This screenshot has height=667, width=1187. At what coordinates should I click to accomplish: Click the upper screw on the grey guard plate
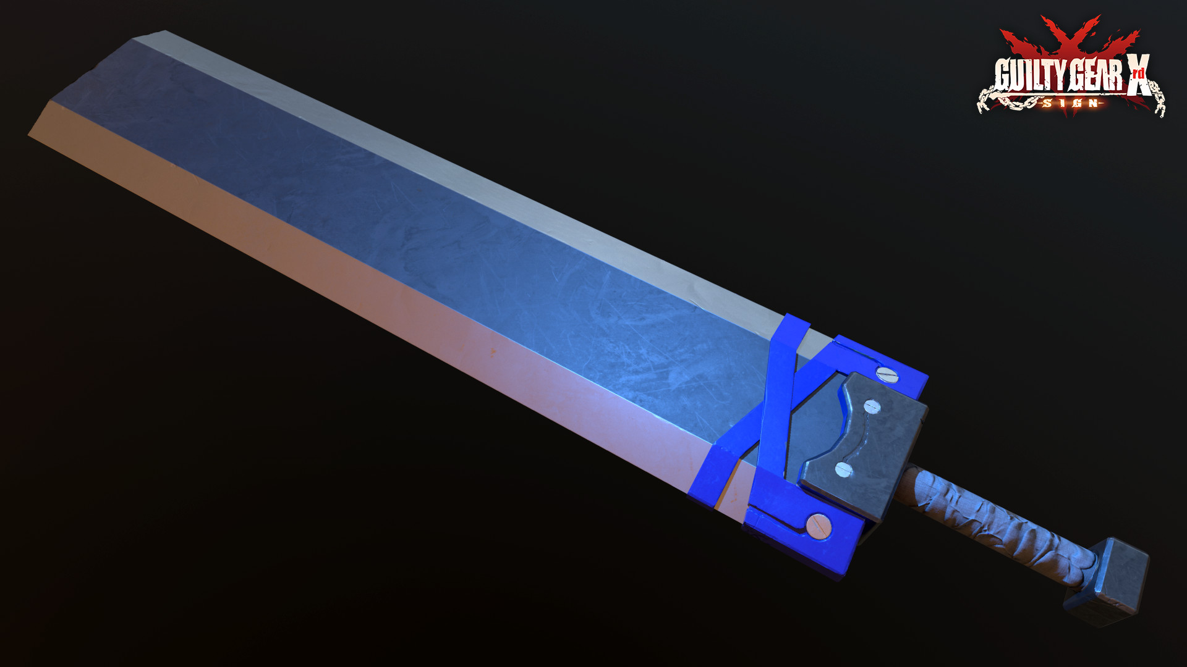pyautogui.click(x=872, y=406)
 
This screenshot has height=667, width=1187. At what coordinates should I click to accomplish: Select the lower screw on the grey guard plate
pyautogui.click(x=843, y=469)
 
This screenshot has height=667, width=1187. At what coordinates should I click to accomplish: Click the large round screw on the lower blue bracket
pyautogui.click(x=819, y=526)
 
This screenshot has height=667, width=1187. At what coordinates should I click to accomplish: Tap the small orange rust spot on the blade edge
pyautogui.click(x=493, y=353)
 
